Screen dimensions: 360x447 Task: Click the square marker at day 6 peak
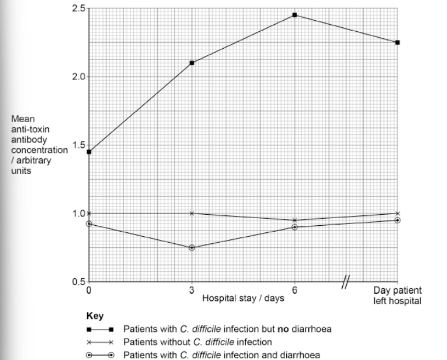[295, 15]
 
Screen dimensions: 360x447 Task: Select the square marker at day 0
[89, 152]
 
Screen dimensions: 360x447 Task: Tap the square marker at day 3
[192, 63]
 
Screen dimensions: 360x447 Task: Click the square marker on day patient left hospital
[397, 42]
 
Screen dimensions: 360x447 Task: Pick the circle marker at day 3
[192, 248]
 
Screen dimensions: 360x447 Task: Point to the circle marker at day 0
[89, 224]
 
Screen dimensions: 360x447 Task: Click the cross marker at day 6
[295, 220]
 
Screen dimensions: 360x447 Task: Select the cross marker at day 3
[192, 213]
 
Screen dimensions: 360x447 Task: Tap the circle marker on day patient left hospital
[397, 220]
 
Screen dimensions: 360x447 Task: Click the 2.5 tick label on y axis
[78, 8]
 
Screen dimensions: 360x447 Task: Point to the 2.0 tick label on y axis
[78, 77]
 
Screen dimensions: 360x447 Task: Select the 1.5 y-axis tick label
[78, 145]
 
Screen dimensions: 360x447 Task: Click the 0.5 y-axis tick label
[78, 282]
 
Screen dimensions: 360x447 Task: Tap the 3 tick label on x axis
[192, 290]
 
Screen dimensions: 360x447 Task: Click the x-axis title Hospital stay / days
[236, 299]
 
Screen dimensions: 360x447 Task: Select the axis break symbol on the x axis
[346, 282]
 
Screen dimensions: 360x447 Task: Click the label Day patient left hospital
[397, 296]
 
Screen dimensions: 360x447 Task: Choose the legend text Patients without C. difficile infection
[197, 342]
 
